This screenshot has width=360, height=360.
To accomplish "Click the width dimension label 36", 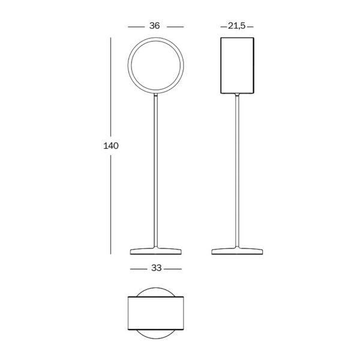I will click(x=155, y=26).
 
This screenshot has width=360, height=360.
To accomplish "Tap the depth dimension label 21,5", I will click(x=238, y=26).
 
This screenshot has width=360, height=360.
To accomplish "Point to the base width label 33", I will click(x=156, y=268).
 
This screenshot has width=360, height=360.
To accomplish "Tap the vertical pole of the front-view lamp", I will click(x=156, y=174).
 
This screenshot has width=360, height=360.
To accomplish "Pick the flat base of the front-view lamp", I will click(x=156, y=251).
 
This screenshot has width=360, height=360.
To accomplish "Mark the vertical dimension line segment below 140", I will click(x=112, y=204).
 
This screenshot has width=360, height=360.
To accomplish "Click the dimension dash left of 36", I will click(x=136, y=26).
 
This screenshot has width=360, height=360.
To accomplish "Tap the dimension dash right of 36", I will click(x=175, y=26).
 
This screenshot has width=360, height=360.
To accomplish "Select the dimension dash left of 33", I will click(x=137, y=268).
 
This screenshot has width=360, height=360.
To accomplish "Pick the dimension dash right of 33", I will click(x=174, y=268).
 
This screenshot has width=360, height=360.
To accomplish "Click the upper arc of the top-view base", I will click(x=156, y=289).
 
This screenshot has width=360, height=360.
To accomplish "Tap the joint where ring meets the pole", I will click(x=156, y=94).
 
